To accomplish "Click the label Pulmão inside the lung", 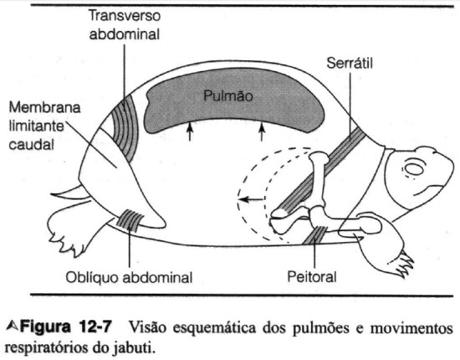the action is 228,96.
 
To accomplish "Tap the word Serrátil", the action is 350,63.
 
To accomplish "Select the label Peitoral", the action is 312,276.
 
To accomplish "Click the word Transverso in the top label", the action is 125,16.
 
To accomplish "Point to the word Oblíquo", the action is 93,277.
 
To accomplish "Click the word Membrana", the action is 44,107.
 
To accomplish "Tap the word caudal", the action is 32,145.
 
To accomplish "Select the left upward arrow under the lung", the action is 190,131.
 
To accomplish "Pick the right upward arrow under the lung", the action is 262,131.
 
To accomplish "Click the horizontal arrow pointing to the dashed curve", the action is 252,199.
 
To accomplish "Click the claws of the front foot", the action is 403,265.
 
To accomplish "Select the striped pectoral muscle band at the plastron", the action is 316,235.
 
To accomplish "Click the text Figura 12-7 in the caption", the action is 66,327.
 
